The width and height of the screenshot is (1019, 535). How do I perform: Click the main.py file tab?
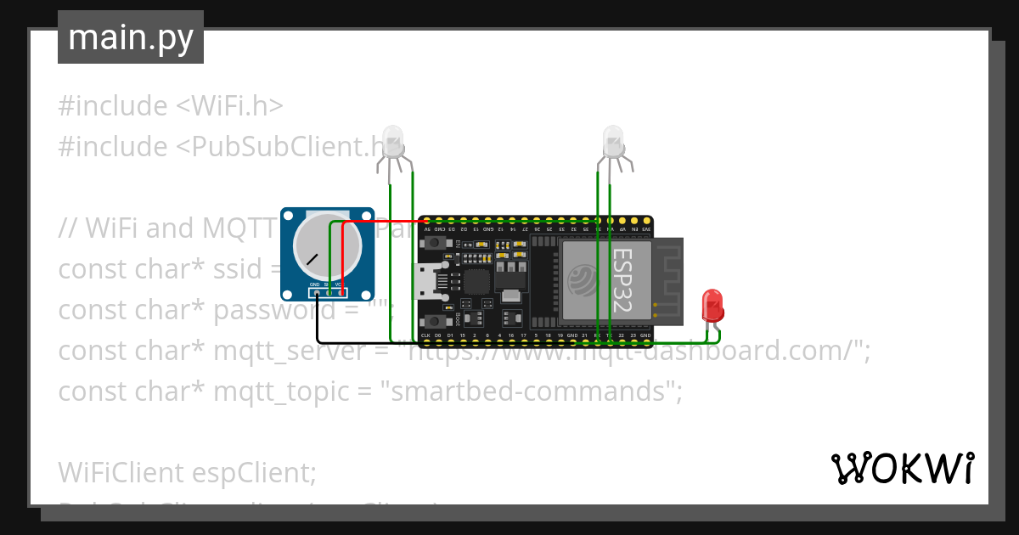(130, 37)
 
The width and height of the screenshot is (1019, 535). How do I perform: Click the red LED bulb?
(712, 303)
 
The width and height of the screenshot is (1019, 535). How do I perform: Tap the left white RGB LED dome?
(391, 139)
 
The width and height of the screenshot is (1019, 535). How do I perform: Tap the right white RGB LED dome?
(612, 138)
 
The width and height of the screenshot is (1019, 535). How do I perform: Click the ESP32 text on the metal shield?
(622, 280)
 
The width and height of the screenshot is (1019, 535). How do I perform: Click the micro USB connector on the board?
(425, 281)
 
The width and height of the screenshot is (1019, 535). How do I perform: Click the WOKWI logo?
(902, 468)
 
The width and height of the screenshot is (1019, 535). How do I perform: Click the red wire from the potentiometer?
(343, 255)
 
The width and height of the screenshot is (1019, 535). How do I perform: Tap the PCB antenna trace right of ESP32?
(669, 280)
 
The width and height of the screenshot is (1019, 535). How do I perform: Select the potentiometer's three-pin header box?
(328, 292)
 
